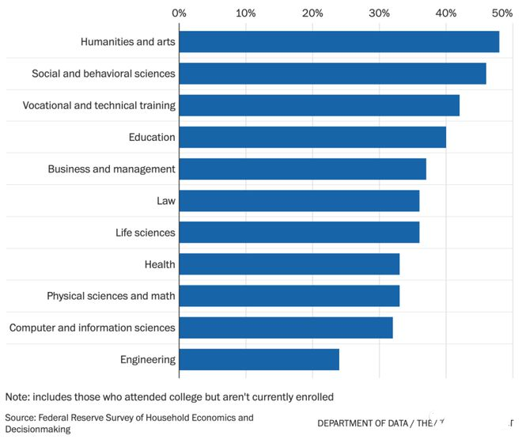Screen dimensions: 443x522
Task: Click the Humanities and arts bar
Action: click(339, 42)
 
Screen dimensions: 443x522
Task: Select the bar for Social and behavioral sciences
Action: click(332, 74)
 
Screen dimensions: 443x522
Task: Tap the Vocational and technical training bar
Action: click(319, 105)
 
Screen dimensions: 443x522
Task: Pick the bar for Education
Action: click(312, 137)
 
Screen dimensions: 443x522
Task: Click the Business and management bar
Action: click(302, 168)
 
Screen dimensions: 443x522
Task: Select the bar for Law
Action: click(299, 201)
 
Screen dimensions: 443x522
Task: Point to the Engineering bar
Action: click(259, 359)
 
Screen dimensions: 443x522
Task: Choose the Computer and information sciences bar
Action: click(286, 328)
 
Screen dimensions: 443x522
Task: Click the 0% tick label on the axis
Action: click(179, 13)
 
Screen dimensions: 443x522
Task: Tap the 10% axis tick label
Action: click(245, 13)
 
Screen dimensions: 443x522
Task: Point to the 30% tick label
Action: click(380, 13)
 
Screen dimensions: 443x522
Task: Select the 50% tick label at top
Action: click(501, 13)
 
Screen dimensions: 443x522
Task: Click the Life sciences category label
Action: click(146, 233)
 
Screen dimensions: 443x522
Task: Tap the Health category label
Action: click(160, 264)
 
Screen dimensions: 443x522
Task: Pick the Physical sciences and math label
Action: click(111, 296)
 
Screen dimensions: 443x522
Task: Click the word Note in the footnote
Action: click(17, 396)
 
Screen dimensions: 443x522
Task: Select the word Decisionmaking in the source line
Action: click(38, 429)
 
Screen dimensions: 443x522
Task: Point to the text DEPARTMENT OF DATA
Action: click(363, 423)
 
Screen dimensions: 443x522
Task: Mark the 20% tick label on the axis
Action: click(312, 13)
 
